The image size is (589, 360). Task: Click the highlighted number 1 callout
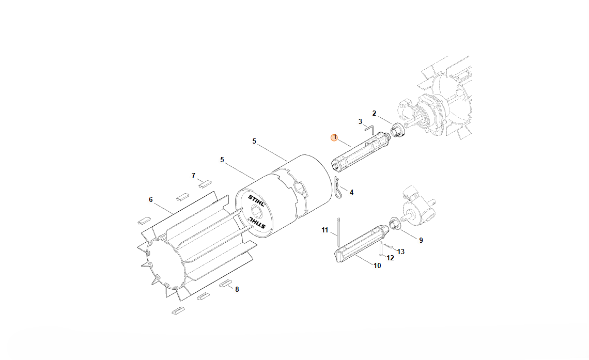click(x=334, y=138)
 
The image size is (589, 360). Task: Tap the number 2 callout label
click(x=374, y=113)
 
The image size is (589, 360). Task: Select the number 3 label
click(x=360, y=121)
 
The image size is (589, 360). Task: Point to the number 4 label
click(x=352, y=193)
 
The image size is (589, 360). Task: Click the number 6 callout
click(x=151, y=200)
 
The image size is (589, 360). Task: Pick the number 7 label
click(x=193, y=176)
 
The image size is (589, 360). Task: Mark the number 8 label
click(x=237, y=289)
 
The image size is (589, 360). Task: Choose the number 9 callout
click(x=421, y=240)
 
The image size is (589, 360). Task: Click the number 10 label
click(x=377, y=266)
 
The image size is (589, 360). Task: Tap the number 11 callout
click(x=325, y=230)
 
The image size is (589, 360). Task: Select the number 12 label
click(x=390, y=258)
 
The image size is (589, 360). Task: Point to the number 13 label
click(x=401, y=252)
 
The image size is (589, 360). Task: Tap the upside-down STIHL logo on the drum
click(x=257, y=224)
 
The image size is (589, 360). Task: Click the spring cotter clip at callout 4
click(x=338, y=187)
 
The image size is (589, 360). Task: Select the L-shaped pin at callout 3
click(x=369, y=130)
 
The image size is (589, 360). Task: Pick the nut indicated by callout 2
click(x=396, y=131)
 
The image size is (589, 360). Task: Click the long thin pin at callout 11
click(x=338, y=231)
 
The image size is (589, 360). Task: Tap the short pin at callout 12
click(x=381, y=248)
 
